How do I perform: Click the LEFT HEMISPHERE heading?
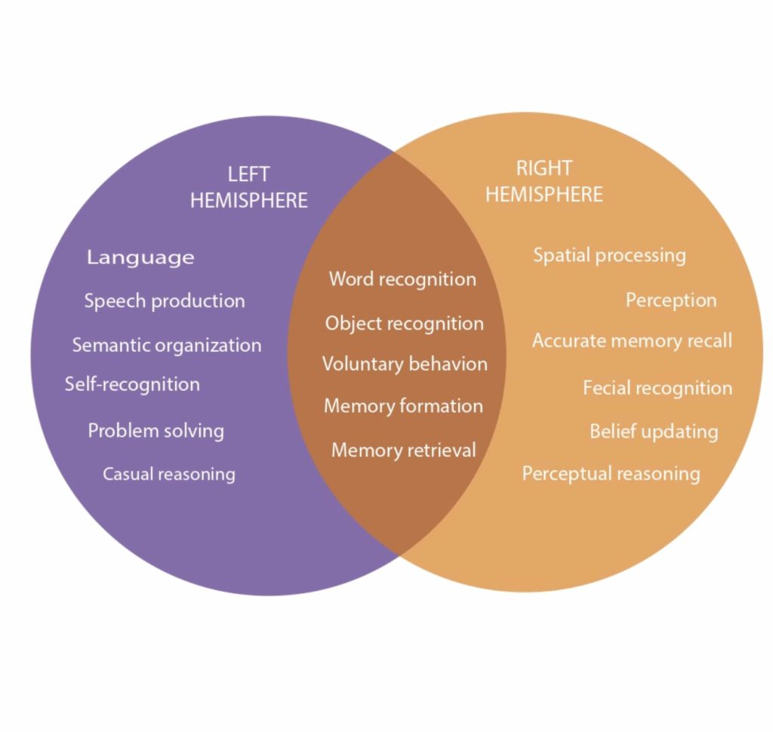click(248, 188)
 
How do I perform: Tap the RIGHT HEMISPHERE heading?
click(544, 181)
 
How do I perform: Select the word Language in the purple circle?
click(140, 257)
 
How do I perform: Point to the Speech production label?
click(165, 300)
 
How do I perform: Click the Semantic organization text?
click(167, 345)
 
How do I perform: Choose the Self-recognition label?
click(132, 384)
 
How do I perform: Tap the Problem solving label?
click(156, 431)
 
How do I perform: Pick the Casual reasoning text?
click(169, 474)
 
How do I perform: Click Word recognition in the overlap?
click(402, 278)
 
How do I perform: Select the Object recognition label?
click(404, 323)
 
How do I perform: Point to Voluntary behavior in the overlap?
click(405, 364)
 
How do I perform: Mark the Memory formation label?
click(403, 405)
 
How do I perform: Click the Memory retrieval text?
click(404, 450)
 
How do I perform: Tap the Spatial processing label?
click(609, 255)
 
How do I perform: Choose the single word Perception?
click(671, 300)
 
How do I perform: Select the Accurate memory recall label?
click(632, 340)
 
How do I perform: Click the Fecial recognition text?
click(658, 388)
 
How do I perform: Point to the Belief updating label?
click(654, 432)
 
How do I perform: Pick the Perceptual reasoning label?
click(611, 474)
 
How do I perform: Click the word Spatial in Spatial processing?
click(560, 255)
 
